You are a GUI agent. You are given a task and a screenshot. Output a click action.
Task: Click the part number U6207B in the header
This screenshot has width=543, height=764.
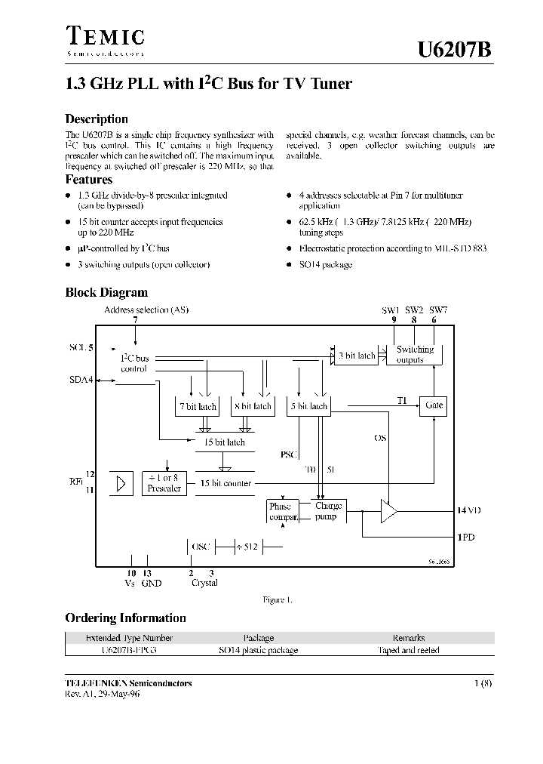coord(456,50)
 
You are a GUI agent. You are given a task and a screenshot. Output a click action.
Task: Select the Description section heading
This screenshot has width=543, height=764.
coord(97,119)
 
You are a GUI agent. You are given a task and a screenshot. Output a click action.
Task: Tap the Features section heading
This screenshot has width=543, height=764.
coord(89,180)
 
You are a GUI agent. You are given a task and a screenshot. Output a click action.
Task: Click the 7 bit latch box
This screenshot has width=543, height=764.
coord(197,406)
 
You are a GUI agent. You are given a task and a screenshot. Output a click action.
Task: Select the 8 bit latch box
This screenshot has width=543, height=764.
coord(252,406)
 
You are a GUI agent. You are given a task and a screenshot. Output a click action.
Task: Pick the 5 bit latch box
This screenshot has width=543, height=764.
coord(310,406)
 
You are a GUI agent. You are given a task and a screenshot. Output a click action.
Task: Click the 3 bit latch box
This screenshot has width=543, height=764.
coord(357,355)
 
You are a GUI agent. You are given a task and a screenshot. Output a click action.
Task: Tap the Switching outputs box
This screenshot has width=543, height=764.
coord(415,355)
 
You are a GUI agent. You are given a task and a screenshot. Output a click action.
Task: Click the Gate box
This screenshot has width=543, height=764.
coord(434,405)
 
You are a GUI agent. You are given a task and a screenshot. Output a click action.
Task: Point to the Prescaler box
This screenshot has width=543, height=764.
coord(164,483)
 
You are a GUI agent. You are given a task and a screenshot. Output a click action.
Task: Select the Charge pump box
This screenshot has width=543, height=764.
coord(328,511)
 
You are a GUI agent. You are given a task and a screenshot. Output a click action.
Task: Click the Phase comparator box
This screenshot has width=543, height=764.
coord(281,511)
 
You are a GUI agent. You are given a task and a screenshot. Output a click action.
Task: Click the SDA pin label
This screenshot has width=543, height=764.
coord(79,380)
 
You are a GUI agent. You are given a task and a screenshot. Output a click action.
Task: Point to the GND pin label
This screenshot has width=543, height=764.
coord(151,583)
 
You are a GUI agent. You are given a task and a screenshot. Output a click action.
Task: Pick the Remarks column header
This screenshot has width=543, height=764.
coord(408,638)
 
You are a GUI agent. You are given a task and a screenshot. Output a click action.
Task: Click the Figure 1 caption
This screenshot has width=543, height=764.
coord(277,599)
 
